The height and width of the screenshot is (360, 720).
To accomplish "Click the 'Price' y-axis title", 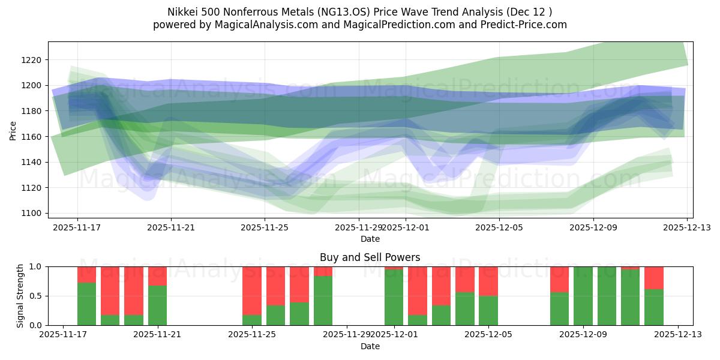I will tap(13, 130).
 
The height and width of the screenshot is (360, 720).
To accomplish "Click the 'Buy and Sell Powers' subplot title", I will tap(370, 257).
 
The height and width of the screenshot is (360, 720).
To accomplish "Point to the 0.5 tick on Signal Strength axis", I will tap(36, 296).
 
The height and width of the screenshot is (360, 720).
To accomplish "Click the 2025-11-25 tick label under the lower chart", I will tap(252, 334).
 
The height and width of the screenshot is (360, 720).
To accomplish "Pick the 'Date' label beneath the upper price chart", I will tap(370, 239).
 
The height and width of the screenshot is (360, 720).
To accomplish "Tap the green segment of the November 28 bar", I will tap(323, 300).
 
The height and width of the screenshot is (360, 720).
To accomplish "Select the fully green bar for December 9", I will tap(583, 296).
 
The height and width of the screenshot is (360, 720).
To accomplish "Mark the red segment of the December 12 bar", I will tap(653, 278).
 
